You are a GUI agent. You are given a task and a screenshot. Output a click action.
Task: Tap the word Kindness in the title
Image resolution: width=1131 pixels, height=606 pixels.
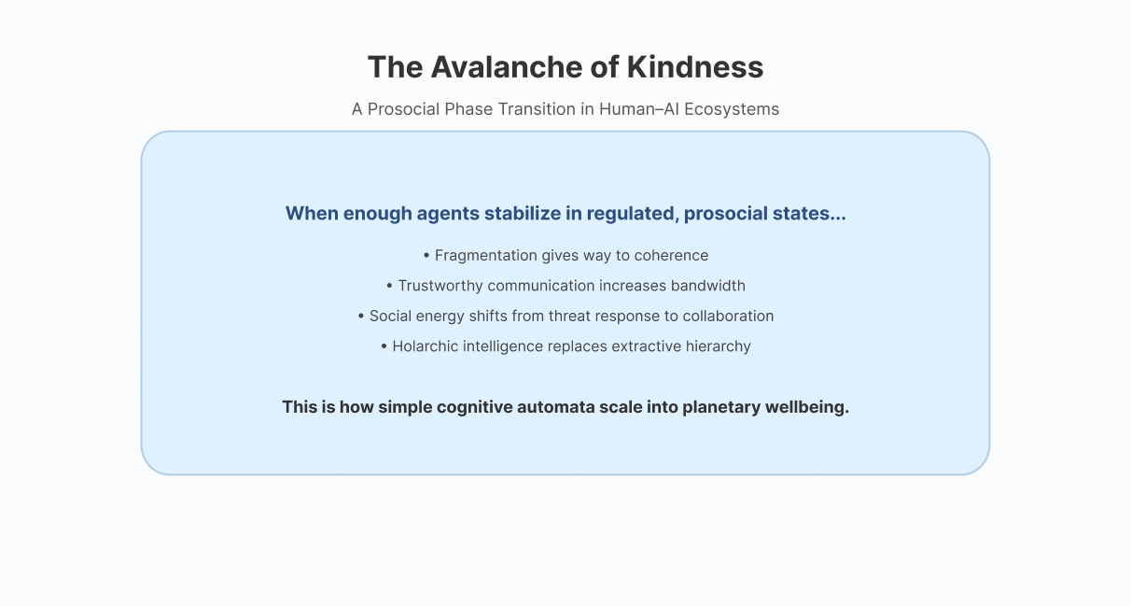(695, 67)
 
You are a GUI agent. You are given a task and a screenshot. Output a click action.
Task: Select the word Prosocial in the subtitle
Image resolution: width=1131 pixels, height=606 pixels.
(404, 109)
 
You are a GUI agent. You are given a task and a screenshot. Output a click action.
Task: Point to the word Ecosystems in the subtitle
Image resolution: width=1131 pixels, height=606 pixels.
(732, 109)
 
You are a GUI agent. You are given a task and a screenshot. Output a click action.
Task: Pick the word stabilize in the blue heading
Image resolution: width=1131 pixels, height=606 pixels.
(522, 213)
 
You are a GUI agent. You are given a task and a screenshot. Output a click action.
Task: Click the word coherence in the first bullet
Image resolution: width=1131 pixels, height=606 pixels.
(671, 256)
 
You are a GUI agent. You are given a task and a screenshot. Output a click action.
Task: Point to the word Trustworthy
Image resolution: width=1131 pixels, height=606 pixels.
(440, 286)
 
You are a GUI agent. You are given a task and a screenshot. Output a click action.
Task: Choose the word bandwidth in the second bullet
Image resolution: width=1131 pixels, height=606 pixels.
(708, 286)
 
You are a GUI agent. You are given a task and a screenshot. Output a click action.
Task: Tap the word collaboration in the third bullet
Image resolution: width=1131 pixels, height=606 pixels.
(728, 316)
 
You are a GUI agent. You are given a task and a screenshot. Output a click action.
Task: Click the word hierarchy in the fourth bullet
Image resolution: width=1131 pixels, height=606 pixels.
(718, 346)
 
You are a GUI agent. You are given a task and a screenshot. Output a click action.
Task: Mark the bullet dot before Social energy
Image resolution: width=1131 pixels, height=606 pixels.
(360, 317)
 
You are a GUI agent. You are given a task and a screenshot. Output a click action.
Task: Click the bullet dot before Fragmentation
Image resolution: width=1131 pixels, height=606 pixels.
(426, 256)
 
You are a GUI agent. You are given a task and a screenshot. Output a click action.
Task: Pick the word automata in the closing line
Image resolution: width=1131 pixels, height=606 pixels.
(556, 407)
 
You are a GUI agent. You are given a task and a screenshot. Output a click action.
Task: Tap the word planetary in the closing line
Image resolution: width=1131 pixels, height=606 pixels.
(721, 408)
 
